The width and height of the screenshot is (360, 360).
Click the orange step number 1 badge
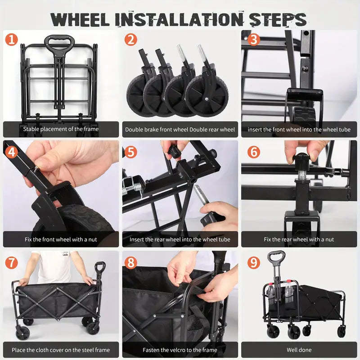coord(12,40)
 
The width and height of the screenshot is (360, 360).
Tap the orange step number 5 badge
coord(131,152)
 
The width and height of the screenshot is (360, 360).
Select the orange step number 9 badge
coord(254,262)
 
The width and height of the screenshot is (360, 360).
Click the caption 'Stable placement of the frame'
coord(61,129)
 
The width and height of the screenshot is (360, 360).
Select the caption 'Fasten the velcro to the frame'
coord(180,350)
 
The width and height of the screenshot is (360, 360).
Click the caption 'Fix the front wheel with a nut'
coord(61,239)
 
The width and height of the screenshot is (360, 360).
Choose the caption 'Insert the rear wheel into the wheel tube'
coord(180,239)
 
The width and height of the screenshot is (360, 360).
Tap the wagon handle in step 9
coord(275,258)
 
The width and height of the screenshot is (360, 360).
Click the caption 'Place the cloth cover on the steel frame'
coord(61,350)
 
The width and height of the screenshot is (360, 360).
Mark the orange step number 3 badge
coord(254,40)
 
